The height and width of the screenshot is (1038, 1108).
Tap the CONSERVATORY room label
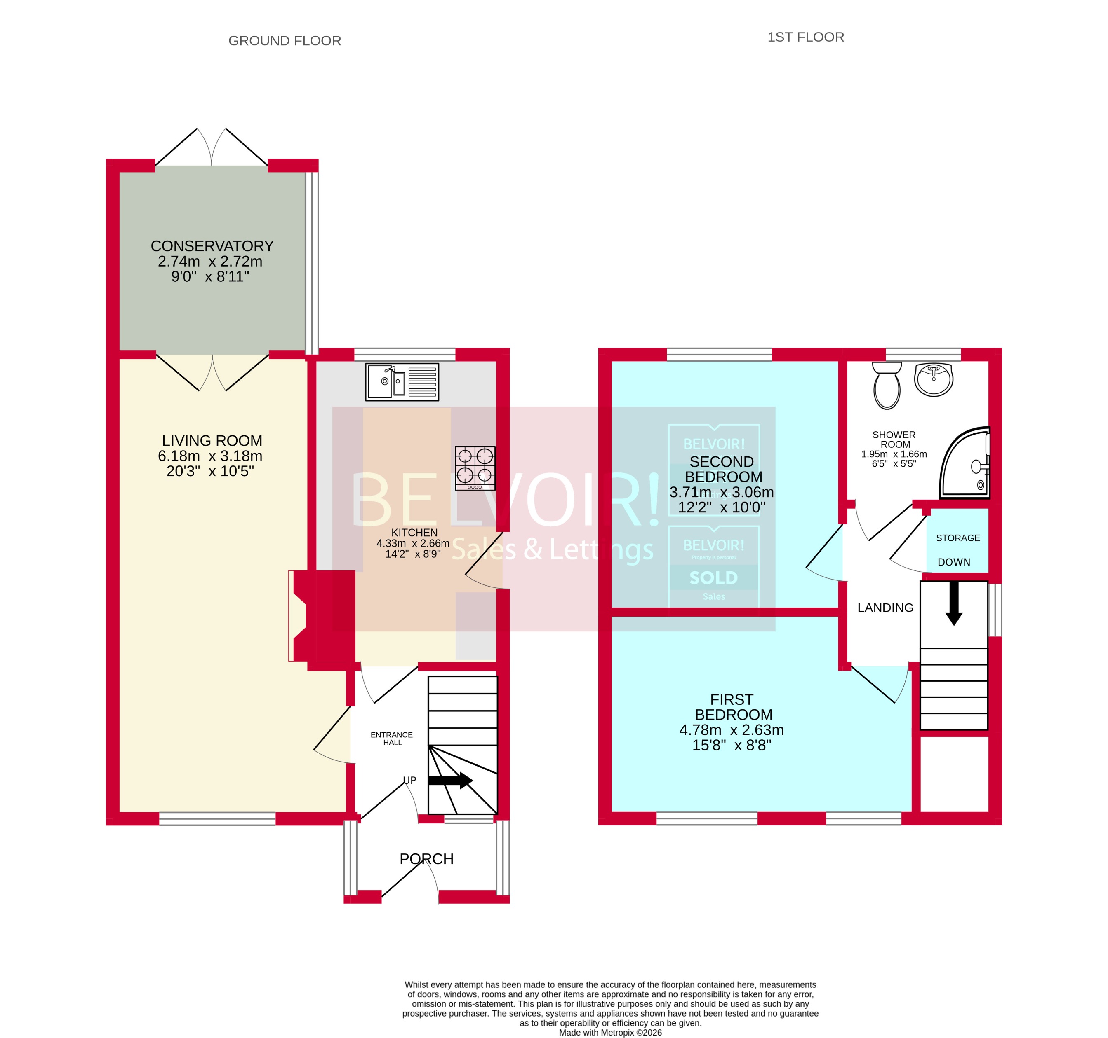click(x=212, y=246)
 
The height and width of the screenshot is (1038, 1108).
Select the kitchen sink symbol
click(x=402, y=381)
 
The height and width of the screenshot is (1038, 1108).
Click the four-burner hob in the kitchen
click(x=475, y=468)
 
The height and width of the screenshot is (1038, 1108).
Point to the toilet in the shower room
click(x=887, y=386)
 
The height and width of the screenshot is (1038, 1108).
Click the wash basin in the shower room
click(x=934, y=379)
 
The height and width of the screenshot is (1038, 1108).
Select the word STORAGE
click(x=957, y=538)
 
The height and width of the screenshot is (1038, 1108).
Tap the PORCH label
click(x=426, y=859)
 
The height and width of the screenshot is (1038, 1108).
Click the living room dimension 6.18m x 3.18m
click(x=210, y=456)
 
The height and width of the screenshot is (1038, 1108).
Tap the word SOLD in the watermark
click(x=713, y=578)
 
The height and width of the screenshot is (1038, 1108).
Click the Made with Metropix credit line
click(x=610, y=1032)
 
